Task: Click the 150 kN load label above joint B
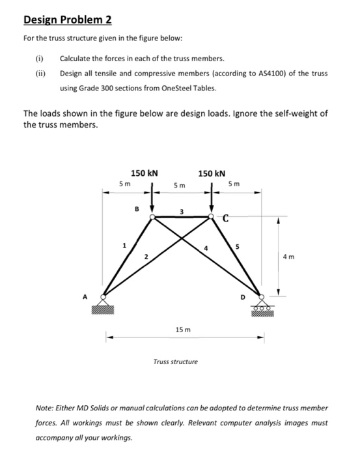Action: [145, 173]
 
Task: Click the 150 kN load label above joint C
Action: [212, 173]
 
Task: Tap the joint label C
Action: [226, 220]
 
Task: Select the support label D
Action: [244, 299]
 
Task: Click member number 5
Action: [238, 246]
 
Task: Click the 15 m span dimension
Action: [182, 332]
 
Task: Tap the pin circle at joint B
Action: [152, 218]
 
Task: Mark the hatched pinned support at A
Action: [104, 306]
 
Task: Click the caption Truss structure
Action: [176, 361]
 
